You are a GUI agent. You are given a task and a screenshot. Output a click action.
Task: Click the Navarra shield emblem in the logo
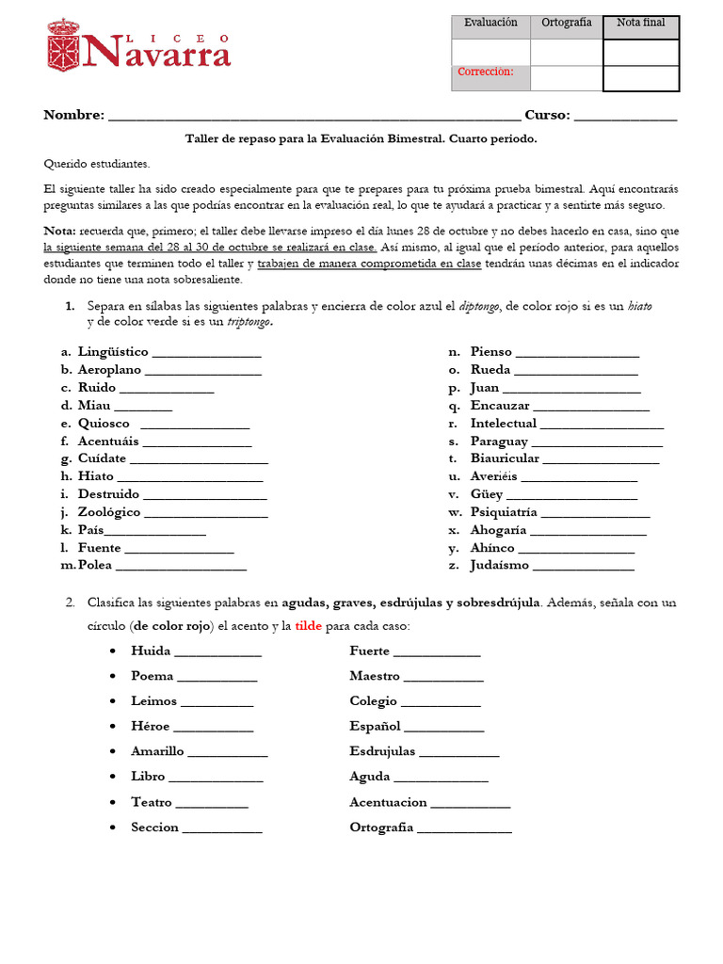point(63,46)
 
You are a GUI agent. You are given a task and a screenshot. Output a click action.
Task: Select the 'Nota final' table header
point(640,23)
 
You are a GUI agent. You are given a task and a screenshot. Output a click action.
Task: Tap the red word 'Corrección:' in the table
point(485,72)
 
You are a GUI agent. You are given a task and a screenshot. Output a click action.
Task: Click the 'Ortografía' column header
point(566,23)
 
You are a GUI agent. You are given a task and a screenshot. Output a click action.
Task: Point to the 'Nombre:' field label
point(73,115)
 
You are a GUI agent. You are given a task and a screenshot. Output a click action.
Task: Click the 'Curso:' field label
point(546,115)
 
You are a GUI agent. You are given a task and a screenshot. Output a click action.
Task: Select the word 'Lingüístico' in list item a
point(112,352)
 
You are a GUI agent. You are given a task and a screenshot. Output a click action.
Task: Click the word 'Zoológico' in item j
point(109,512)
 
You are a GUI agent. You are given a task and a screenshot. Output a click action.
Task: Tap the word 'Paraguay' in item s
point(499,442)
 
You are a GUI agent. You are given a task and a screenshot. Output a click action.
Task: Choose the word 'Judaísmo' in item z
point(500,566)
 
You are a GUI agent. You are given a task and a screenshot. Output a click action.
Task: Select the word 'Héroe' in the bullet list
point(150,726)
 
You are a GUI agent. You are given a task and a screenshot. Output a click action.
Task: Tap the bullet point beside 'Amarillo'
point(113,751)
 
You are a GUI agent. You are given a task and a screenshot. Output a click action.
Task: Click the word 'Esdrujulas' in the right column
point(382,751)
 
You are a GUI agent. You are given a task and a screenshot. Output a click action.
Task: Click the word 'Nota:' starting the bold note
point(60,232)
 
